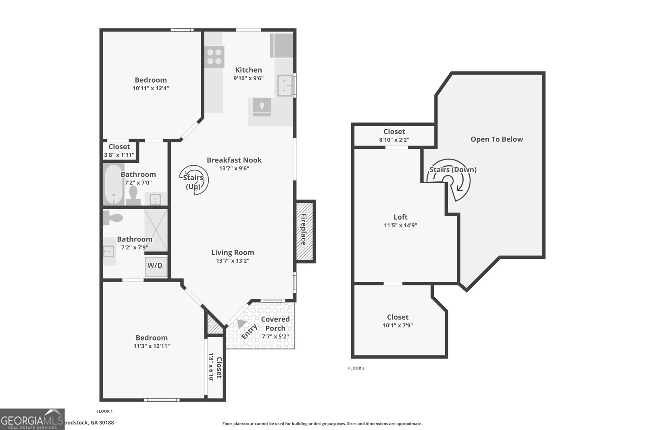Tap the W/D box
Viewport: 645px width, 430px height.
pos(155,266)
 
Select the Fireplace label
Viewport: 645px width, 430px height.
pos(304,229)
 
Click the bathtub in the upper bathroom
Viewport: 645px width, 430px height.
pos(114,185)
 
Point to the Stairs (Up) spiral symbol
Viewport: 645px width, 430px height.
pos(194,180)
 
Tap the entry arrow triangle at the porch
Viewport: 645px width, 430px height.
pos(241,324)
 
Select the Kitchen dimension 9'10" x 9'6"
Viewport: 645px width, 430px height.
pos(248,78)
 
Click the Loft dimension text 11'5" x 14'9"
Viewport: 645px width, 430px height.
pos(400,225)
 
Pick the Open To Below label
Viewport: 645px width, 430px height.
pos(497,139)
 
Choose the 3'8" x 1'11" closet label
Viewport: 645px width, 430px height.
pos(119,155)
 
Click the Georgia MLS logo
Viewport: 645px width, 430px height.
pos(32,419)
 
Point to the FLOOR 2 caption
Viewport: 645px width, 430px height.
pos(356,368)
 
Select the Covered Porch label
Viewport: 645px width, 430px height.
pos(275,324)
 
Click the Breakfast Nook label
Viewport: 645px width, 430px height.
pos(234,160)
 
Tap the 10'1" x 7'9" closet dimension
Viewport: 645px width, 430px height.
pos(397,326)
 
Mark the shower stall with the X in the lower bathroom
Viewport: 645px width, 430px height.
pos(156,230)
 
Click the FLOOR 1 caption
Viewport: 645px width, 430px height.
pos(104,411)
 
